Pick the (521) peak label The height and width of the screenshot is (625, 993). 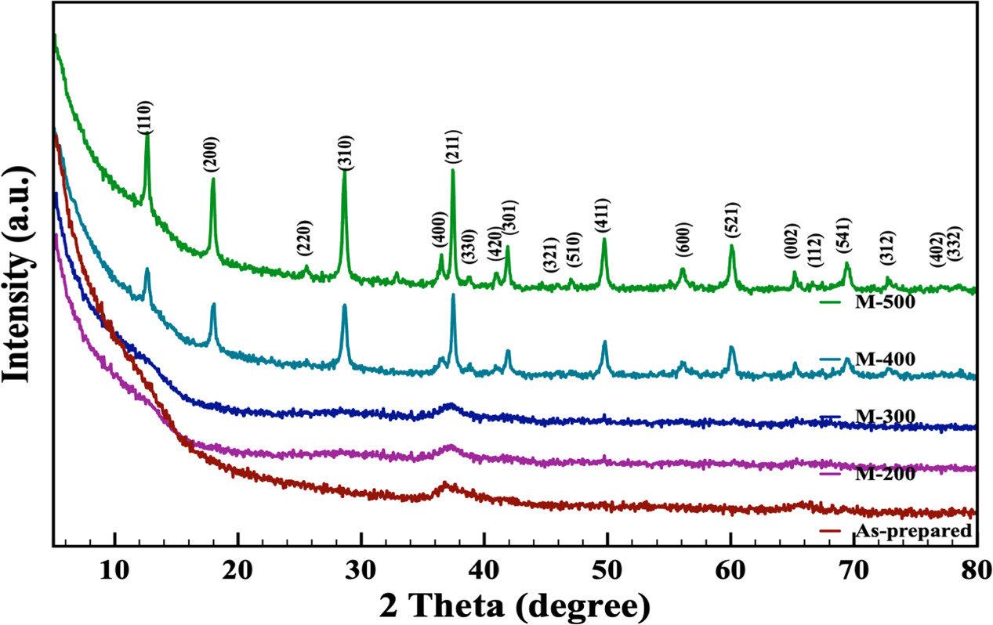[x=732, y=220]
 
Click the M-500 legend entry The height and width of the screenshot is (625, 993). [x=886, y=302]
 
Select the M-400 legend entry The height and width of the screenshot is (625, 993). [x=886, y=359]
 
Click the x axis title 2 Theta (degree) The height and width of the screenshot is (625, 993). [x=515, y=604]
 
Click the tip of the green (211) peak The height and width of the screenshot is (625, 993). [x=453, y=170]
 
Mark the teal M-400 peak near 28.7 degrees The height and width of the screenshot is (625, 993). [x=344, y=306]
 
